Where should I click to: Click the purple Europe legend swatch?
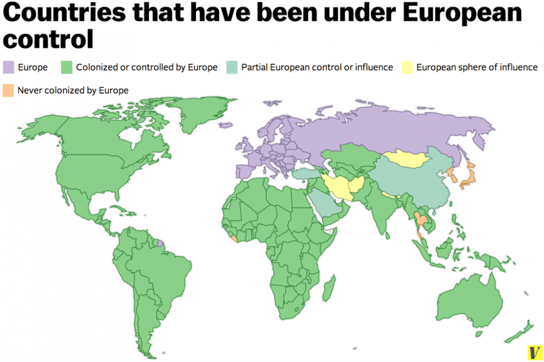tap(9, 68)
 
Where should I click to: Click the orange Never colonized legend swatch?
tap(9, 90)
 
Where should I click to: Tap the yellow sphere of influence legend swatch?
tap(407, 68)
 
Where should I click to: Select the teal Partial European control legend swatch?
tap(232, 68)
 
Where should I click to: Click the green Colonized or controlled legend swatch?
tap(67, 68)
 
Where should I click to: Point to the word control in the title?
tap(47, 40)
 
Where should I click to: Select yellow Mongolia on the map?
tap(407, 158)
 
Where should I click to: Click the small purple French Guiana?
tap(159, 243)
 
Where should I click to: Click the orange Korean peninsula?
tap(451, 175)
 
